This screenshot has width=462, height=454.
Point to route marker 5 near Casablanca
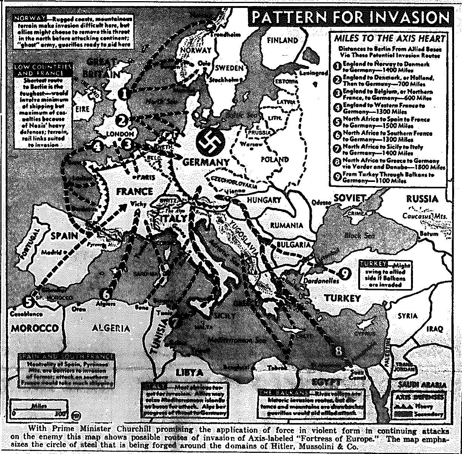(x=28, y=301)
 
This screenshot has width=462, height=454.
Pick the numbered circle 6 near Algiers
(x=106, y=293)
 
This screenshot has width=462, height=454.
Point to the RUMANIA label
(x=286, y=225)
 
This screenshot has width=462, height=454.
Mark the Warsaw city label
(x=253, y=145)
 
